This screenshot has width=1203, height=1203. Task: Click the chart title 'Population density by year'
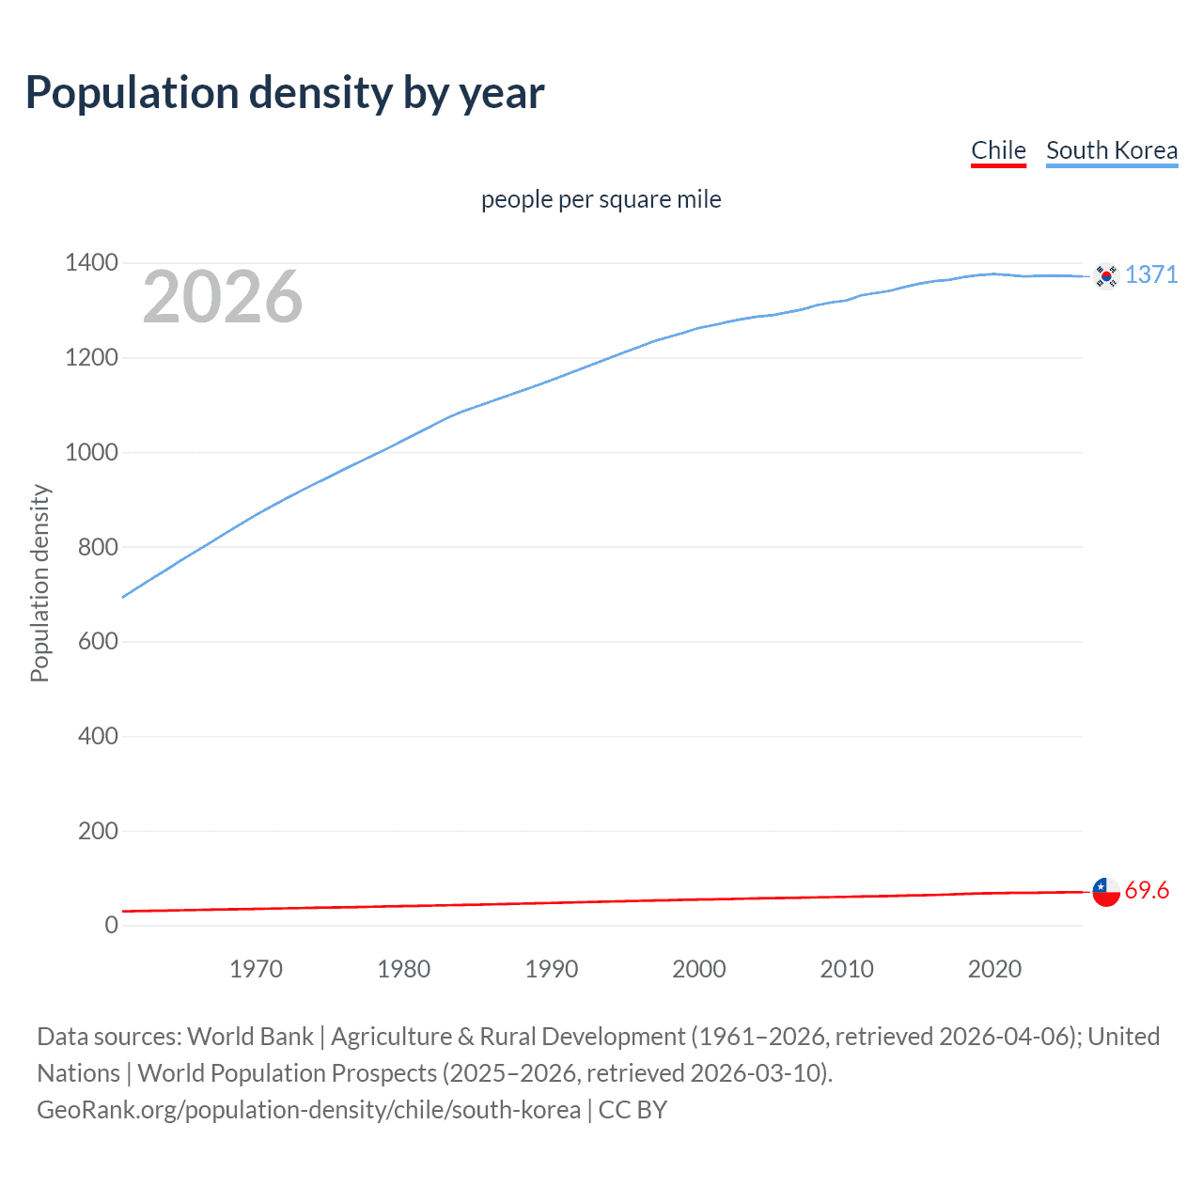point(285,93)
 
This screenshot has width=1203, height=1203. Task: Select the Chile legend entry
point(998,150)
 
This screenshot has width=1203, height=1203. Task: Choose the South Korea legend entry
point(1112,150)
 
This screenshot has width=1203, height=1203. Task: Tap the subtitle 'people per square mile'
point(601,199)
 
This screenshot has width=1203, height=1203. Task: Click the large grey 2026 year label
point(223,297)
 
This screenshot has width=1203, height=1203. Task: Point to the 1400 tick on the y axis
point(91,262)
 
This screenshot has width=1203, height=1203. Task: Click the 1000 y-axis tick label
point(91,452)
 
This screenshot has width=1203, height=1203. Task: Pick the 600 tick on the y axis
point(98,641)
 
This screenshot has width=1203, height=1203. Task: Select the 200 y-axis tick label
point(98,831)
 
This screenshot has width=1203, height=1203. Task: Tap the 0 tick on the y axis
point(112,925)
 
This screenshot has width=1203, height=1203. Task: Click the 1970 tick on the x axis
point(256,969)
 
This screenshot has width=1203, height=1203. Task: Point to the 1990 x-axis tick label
point(552,969)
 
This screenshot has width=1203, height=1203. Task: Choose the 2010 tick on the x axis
point(847,969)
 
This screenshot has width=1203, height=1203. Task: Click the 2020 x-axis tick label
point(994,969)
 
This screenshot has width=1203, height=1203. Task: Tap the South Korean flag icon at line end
point(1106,275)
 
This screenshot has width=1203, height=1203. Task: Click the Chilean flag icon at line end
point(1106,891)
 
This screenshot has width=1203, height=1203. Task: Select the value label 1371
point(1151,274)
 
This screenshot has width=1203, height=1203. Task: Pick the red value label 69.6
point(1147,890)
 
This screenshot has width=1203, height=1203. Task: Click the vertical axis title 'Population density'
point(39,583)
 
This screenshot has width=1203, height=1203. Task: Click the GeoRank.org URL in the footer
point(308,1110)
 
